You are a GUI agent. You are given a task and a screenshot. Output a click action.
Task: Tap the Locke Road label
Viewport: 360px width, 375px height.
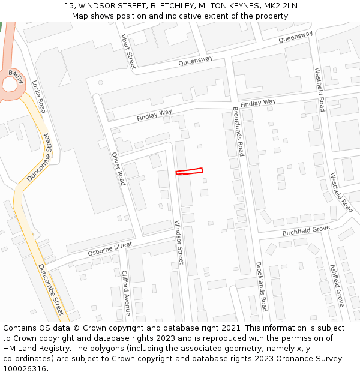pos(38,97)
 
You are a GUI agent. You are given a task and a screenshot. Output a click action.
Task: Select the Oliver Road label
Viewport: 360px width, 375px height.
pos(118,168)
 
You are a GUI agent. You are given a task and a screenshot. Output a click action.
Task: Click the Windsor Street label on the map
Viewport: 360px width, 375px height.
pos(178,242)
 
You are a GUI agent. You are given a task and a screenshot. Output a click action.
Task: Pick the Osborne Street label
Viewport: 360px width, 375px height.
pos(110,248)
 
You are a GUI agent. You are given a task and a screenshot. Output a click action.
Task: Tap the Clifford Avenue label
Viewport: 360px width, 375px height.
pos(126,293)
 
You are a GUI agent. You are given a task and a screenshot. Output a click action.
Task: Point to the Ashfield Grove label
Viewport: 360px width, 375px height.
pos(337,286)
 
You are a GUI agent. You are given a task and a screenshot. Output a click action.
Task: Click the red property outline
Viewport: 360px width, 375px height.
pos(189,172)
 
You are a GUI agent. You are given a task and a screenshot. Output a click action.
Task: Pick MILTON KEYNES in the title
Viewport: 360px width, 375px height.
pos(210,6)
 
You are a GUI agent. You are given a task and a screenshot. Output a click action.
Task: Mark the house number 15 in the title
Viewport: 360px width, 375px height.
pos(68,6)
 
